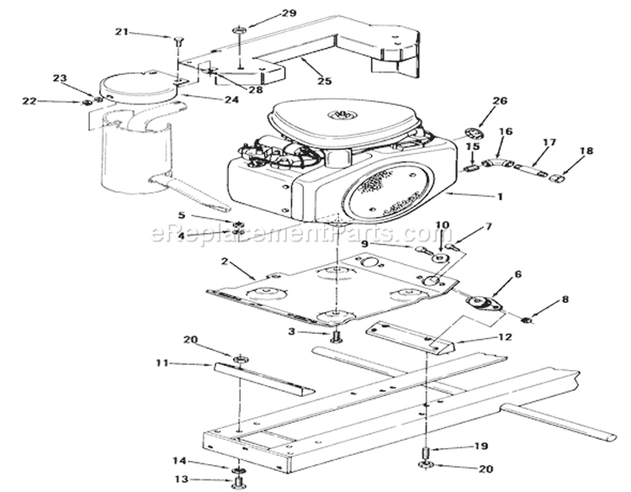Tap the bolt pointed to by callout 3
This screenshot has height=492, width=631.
338,336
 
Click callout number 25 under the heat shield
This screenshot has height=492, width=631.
324,81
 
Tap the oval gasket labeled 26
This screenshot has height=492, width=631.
475,134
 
